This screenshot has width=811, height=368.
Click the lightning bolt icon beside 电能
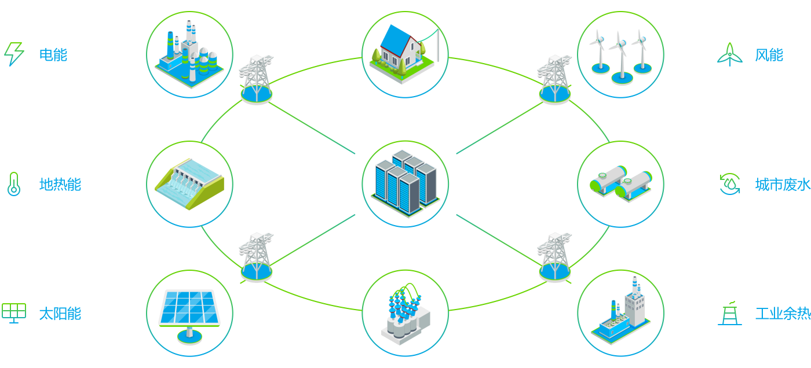pos(14,54)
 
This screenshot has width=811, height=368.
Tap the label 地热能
pos(60,185)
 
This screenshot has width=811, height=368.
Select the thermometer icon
pos(13,184)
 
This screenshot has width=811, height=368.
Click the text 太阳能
pos(60,314)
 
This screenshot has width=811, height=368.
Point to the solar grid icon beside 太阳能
pos(13,312)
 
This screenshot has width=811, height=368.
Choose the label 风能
pos(769,55)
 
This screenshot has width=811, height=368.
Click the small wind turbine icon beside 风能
pos(730,54)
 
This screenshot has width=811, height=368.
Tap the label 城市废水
pos(782,185)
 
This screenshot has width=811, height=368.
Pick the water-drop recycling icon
pos(730,184)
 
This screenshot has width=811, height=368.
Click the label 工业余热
pos(782,314)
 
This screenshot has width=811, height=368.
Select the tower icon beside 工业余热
pos(730,313)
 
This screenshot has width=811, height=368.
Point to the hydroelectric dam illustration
pos(189,183)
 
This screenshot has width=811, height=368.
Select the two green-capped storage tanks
pos(620,183)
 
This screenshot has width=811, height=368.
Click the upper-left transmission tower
pos(256,80)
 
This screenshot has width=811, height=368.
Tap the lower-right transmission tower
pos(554,257)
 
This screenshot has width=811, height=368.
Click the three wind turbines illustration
pos(620,54)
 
